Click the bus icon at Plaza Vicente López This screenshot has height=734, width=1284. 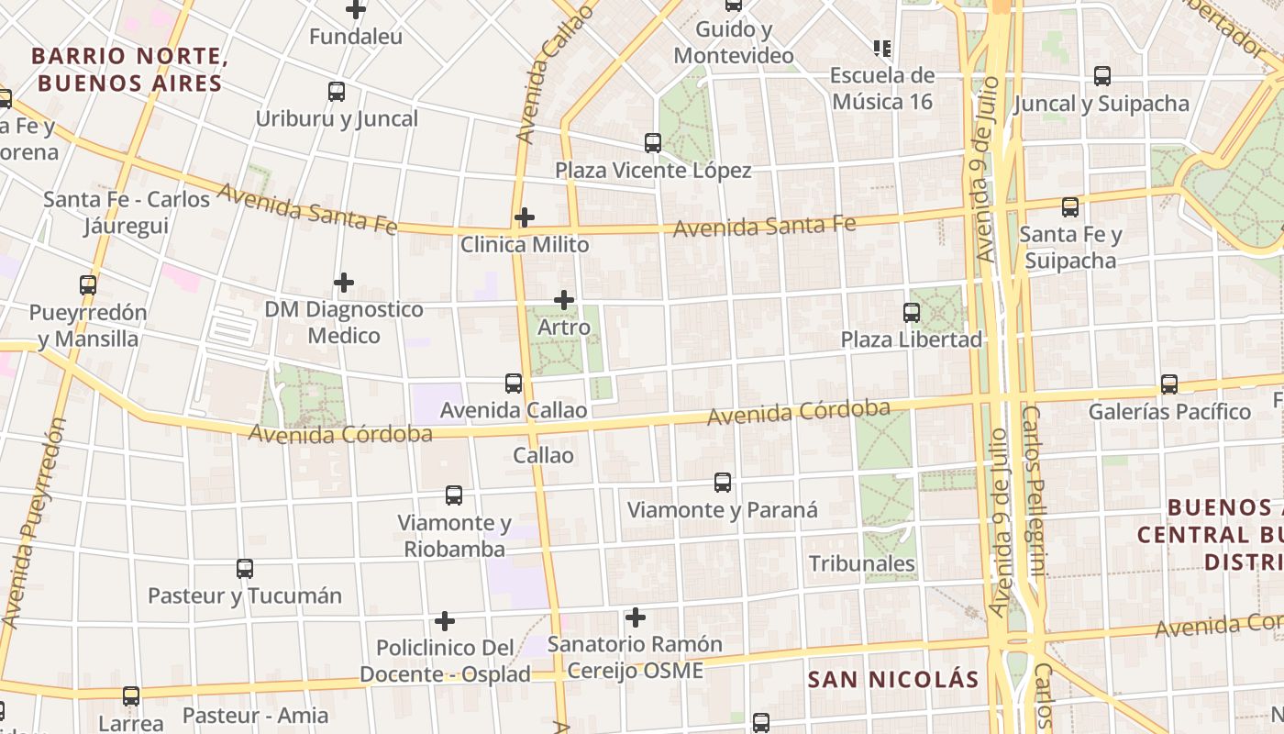[x=653, y=143]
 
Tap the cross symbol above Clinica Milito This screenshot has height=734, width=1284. [x=525, y=217]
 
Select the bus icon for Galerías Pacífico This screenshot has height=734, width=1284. [x=1169, y=384]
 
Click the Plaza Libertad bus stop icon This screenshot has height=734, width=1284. [x=912, y=313]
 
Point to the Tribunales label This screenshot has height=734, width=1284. [x=861, y=563]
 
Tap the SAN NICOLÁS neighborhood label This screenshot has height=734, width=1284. [x=893, y=680]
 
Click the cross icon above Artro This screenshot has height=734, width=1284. [x=564, y=300]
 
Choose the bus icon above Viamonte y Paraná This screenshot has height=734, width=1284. [x=723, y=483]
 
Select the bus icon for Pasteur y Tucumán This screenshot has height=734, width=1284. [x=245, y=569]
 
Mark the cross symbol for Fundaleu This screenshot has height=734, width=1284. [x=356, y=10]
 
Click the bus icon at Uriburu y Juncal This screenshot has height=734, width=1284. [x=337, y=92]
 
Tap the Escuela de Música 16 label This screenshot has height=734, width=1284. [x=881, y=88]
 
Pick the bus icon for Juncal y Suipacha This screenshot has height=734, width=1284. [x=1102, y=77]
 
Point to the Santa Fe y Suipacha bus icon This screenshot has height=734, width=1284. [x=1070, y=207]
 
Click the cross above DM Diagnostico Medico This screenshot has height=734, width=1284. [x=344, y=283]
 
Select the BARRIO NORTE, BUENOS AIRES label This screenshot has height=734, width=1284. [x=129, y=70]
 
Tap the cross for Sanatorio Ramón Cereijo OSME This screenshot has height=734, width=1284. [x=635, y=617]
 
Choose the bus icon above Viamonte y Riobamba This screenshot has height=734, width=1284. [x=454, y=495]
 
